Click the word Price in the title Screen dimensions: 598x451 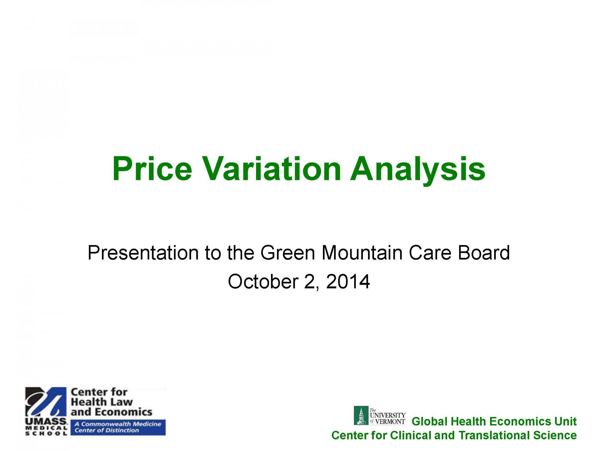152,169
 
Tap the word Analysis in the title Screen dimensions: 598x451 418,171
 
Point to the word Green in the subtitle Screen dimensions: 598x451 288,253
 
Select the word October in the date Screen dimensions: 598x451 263,282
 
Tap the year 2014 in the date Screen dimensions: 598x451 348,282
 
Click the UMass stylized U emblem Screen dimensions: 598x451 46,402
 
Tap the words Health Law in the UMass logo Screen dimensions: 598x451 102,402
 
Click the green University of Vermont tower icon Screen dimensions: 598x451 361,415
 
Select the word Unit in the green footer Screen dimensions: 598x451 566,421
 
